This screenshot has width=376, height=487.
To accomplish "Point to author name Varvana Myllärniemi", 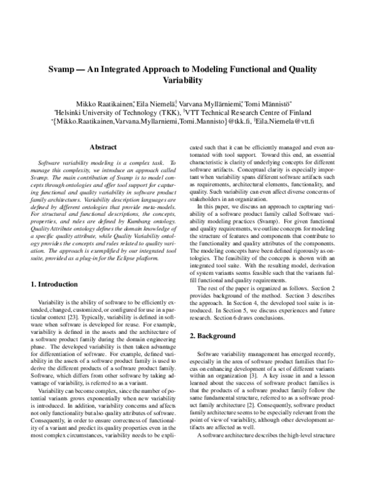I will [217, 102].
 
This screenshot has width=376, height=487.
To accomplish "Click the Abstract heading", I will [104, 147].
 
